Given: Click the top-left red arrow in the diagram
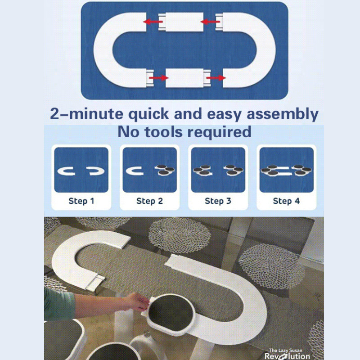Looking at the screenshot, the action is (153, 22).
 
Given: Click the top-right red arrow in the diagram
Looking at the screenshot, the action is (210, 22).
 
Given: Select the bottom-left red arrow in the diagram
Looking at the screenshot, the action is (159, 78).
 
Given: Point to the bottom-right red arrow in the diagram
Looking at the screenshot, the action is (216, 78).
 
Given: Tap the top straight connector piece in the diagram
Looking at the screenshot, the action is (181, 22).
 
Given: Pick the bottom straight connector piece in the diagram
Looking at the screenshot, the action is (188, 78).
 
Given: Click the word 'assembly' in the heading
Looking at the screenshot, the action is (283, 114).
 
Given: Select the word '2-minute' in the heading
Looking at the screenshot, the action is (86, 114).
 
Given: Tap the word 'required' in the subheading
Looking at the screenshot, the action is (220, 132).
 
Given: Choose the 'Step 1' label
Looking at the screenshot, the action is (81, 201).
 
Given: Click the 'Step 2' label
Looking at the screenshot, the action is (149, 201).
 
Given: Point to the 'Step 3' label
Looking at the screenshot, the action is (218, 201).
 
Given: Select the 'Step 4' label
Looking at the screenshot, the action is (286, 201).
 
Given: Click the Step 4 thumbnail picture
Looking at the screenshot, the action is (287, 170).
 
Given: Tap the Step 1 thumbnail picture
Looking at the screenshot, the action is (81, 170).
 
